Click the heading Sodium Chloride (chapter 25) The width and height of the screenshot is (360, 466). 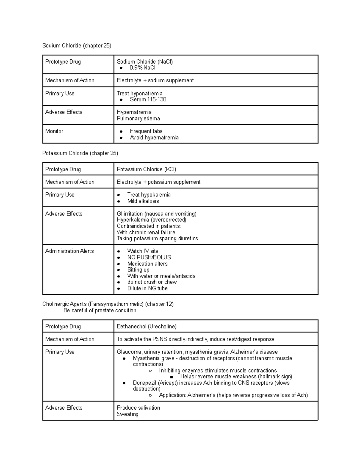pos(77,46)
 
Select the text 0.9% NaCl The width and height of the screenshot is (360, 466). pos(142,68)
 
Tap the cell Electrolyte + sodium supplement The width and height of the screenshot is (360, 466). pos(155,80)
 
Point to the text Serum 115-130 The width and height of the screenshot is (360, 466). pos(148,99)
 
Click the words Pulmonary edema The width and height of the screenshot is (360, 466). pos(138,119)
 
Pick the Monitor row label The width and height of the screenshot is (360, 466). pos(54,131)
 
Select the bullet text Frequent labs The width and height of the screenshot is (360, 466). pos(146,131)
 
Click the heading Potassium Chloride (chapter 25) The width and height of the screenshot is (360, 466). pos(80,153)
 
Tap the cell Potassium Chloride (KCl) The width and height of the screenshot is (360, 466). pos(146,169)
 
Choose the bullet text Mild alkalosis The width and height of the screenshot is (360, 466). pos(143,201)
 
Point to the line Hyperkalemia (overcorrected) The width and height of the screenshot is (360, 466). pos(151,220)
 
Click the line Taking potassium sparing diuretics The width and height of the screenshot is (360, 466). pos(157,238)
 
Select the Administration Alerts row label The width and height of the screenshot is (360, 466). pos(69,251)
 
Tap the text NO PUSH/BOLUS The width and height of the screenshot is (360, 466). pos(149,257)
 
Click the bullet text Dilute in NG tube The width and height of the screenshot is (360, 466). pos(147,288)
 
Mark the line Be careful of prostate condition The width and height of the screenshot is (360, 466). pos(100,310)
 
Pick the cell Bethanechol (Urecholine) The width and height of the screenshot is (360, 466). pos(147,326)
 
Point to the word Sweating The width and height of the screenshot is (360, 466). pos(127,414)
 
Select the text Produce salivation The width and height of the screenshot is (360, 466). pos(138,408)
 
